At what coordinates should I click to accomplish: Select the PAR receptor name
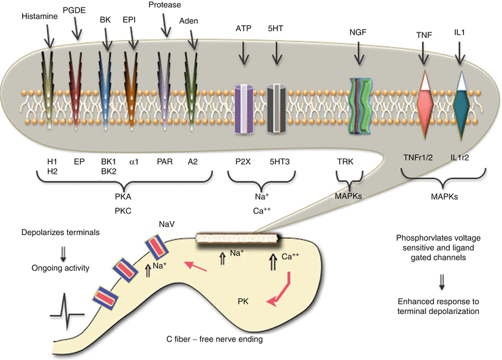pyautogui.click(x=164, y=162)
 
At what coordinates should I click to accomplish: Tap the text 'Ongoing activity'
pyautogui.click(x=59, y=267)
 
